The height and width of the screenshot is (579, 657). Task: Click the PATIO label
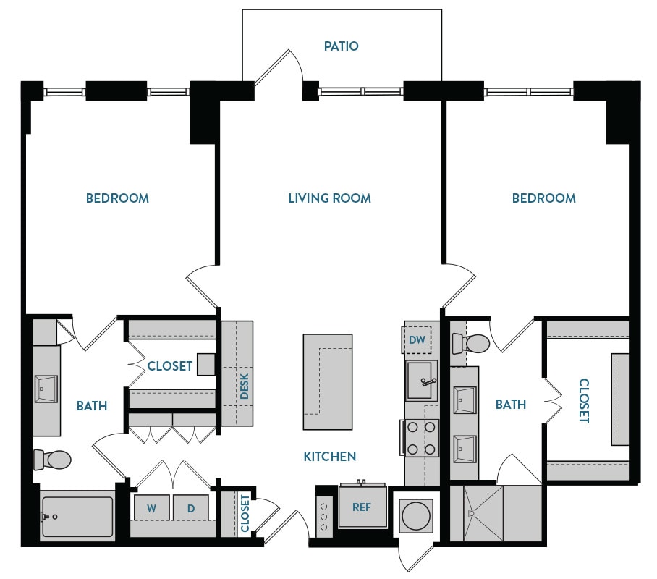point(341,46)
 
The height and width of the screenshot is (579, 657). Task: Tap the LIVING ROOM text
point(329,198)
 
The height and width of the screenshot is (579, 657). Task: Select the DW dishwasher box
point(417,339)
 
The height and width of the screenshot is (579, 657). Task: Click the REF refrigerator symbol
point(362,507)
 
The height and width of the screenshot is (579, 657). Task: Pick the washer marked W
point(152,508)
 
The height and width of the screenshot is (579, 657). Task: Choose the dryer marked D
point(191,508)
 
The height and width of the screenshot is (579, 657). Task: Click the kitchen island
point(327,382)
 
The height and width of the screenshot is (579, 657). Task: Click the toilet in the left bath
point(53,459)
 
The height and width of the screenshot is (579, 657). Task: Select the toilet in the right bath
point(470,343)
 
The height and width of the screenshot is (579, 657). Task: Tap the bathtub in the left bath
point(77,516)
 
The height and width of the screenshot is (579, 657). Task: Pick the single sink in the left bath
point(46,389)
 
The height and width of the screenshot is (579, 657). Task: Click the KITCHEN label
point(329,456)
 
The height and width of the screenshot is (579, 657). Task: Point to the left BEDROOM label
point(117,198)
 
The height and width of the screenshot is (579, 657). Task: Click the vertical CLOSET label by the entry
point(245,514)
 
